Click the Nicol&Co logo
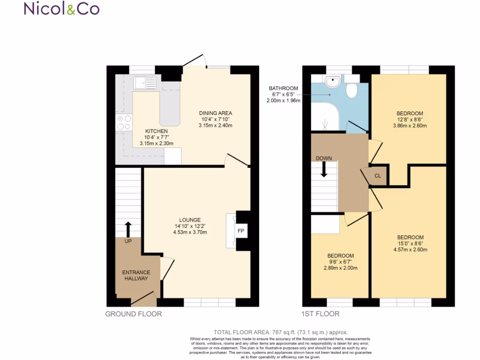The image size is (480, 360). click(x=61, y=9)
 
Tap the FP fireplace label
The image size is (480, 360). click(x=241, y=231)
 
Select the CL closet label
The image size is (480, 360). click(x=378, y=176)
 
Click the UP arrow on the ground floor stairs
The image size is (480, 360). click(x=128, y=230)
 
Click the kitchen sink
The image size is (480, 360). click(x=144, y=83)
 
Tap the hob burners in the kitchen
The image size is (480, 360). click(x=124, y=123)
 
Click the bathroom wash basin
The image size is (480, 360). click(x=333, y=82)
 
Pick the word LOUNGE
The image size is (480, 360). click(x=190, y=220)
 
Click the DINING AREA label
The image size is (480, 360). click(x=216, y=113)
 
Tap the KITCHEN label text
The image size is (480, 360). click(x=156, y=131)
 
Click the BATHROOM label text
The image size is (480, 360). click(x=283, y=88)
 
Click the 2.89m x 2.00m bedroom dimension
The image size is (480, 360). click(x=341, y=268)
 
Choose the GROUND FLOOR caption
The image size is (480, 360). click(x=134, y=314)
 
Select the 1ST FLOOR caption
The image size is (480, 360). click(x=321, y=314)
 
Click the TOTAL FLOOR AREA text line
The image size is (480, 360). click(x=281, y=332)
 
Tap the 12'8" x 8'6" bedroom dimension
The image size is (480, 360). click(x=410, y=120)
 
